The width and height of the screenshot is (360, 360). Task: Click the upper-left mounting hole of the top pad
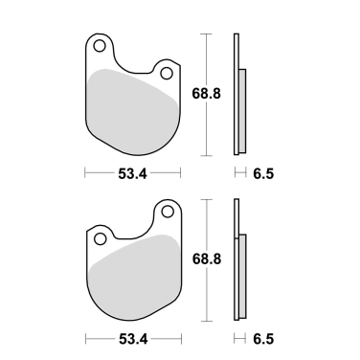(98, 44)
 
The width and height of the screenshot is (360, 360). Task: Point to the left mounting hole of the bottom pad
(98, 236)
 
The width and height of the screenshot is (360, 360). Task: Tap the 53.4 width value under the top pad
(132, 173)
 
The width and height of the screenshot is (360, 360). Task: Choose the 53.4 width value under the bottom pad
(132, 339)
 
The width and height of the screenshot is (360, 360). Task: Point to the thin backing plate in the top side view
(235, 96)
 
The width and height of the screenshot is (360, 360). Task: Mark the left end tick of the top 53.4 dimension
(85, 173)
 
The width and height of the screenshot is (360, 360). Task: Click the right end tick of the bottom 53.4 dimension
(180, 339)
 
